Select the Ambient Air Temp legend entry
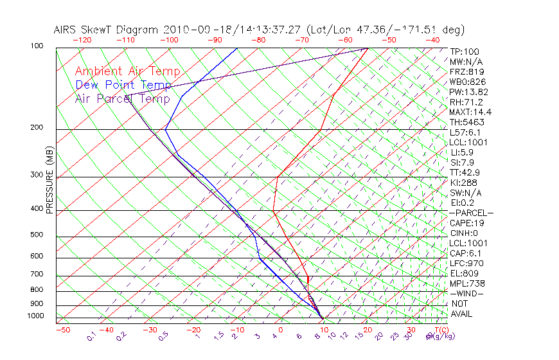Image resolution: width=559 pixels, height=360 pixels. pos(127,71)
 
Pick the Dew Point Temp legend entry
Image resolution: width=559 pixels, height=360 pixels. pos(123,85)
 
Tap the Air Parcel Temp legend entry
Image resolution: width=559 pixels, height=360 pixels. pos(122,99)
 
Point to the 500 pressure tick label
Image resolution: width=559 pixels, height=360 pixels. pos(37,235)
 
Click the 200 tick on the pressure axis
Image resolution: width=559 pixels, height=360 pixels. pos(37,128)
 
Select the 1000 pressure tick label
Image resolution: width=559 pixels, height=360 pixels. pos(35,316)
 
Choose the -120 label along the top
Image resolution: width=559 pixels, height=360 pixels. pos(82,40)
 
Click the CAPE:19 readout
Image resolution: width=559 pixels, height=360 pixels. pos(466,223)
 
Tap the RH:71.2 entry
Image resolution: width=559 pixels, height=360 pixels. pos(466,102)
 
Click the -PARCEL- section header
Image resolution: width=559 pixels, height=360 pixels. pos(471,213)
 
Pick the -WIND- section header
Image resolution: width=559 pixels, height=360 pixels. pos(466,293)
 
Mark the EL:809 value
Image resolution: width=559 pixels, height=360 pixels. pos(463,273)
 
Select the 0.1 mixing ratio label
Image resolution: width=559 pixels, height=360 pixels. pos(91,336)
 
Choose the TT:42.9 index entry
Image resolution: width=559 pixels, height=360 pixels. pos(465,172)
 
